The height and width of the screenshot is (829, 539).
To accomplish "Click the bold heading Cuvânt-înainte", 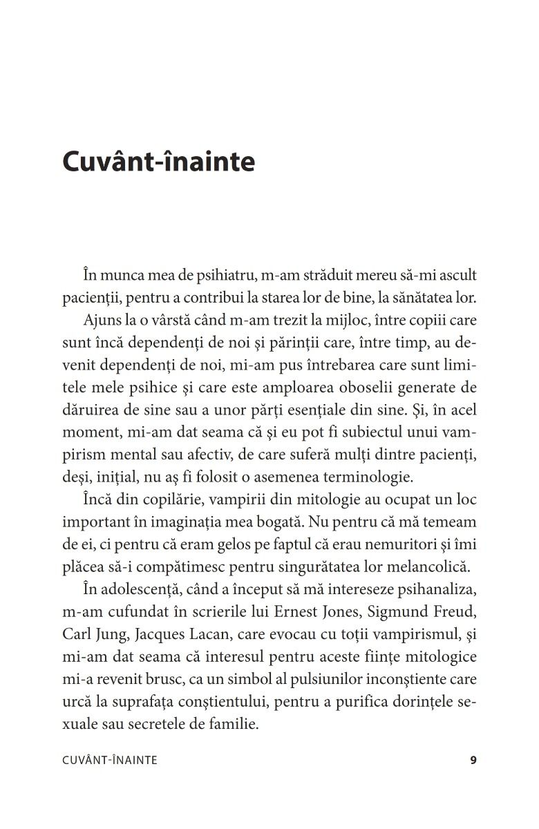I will [158, 162].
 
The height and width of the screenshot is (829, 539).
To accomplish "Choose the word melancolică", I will [428, 566].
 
